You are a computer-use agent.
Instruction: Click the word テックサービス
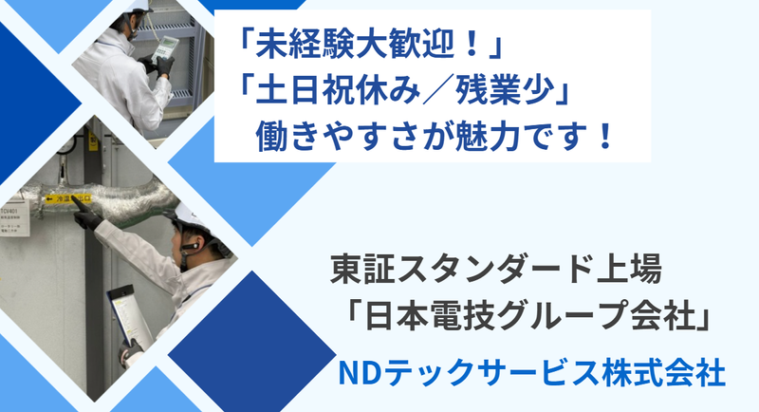click(492, 371)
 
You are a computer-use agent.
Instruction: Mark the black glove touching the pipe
click(87, 218)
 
